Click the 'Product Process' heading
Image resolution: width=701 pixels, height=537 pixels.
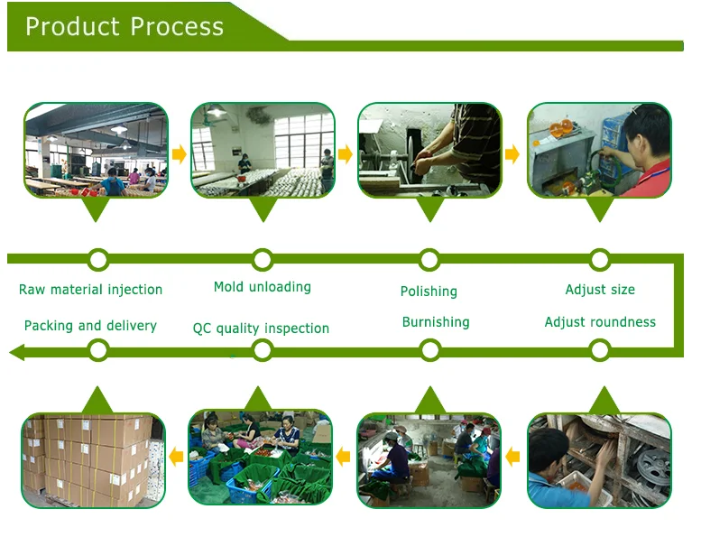coord(125,26)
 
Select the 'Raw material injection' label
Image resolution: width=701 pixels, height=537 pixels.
coord(90,290)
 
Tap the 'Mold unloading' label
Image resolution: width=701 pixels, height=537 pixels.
coord(263,287)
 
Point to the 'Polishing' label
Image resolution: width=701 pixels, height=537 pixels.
coord(429,291)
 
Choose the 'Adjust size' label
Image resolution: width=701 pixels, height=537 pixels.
coord(600,290)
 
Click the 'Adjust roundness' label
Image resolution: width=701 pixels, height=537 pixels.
coord(600,322)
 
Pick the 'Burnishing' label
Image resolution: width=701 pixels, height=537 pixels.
coord(436,322)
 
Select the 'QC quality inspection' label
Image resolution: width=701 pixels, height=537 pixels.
coord(261,329)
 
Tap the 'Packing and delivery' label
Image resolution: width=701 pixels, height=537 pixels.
coord(90,326)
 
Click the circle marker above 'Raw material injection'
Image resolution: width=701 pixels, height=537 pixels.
coord(98,260)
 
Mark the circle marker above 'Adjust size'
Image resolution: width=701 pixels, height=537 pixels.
coord(600,260)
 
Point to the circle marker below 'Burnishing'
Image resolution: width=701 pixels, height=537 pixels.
coord(429,350)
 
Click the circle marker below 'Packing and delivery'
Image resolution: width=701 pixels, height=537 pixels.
coord(98,350)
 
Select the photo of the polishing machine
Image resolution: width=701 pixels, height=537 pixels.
coord(429,151)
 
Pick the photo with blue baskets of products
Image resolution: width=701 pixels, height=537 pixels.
coord(260,458)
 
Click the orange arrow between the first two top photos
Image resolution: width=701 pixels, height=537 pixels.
coord(180,154)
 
